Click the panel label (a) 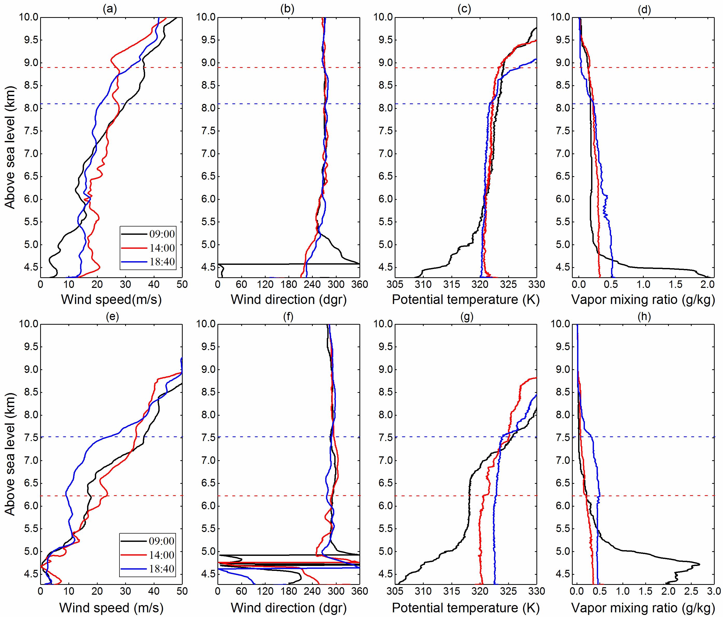(110, 9)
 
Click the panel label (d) (644, 9)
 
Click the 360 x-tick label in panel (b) (359, 285)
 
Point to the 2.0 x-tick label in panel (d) (707, 285)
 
